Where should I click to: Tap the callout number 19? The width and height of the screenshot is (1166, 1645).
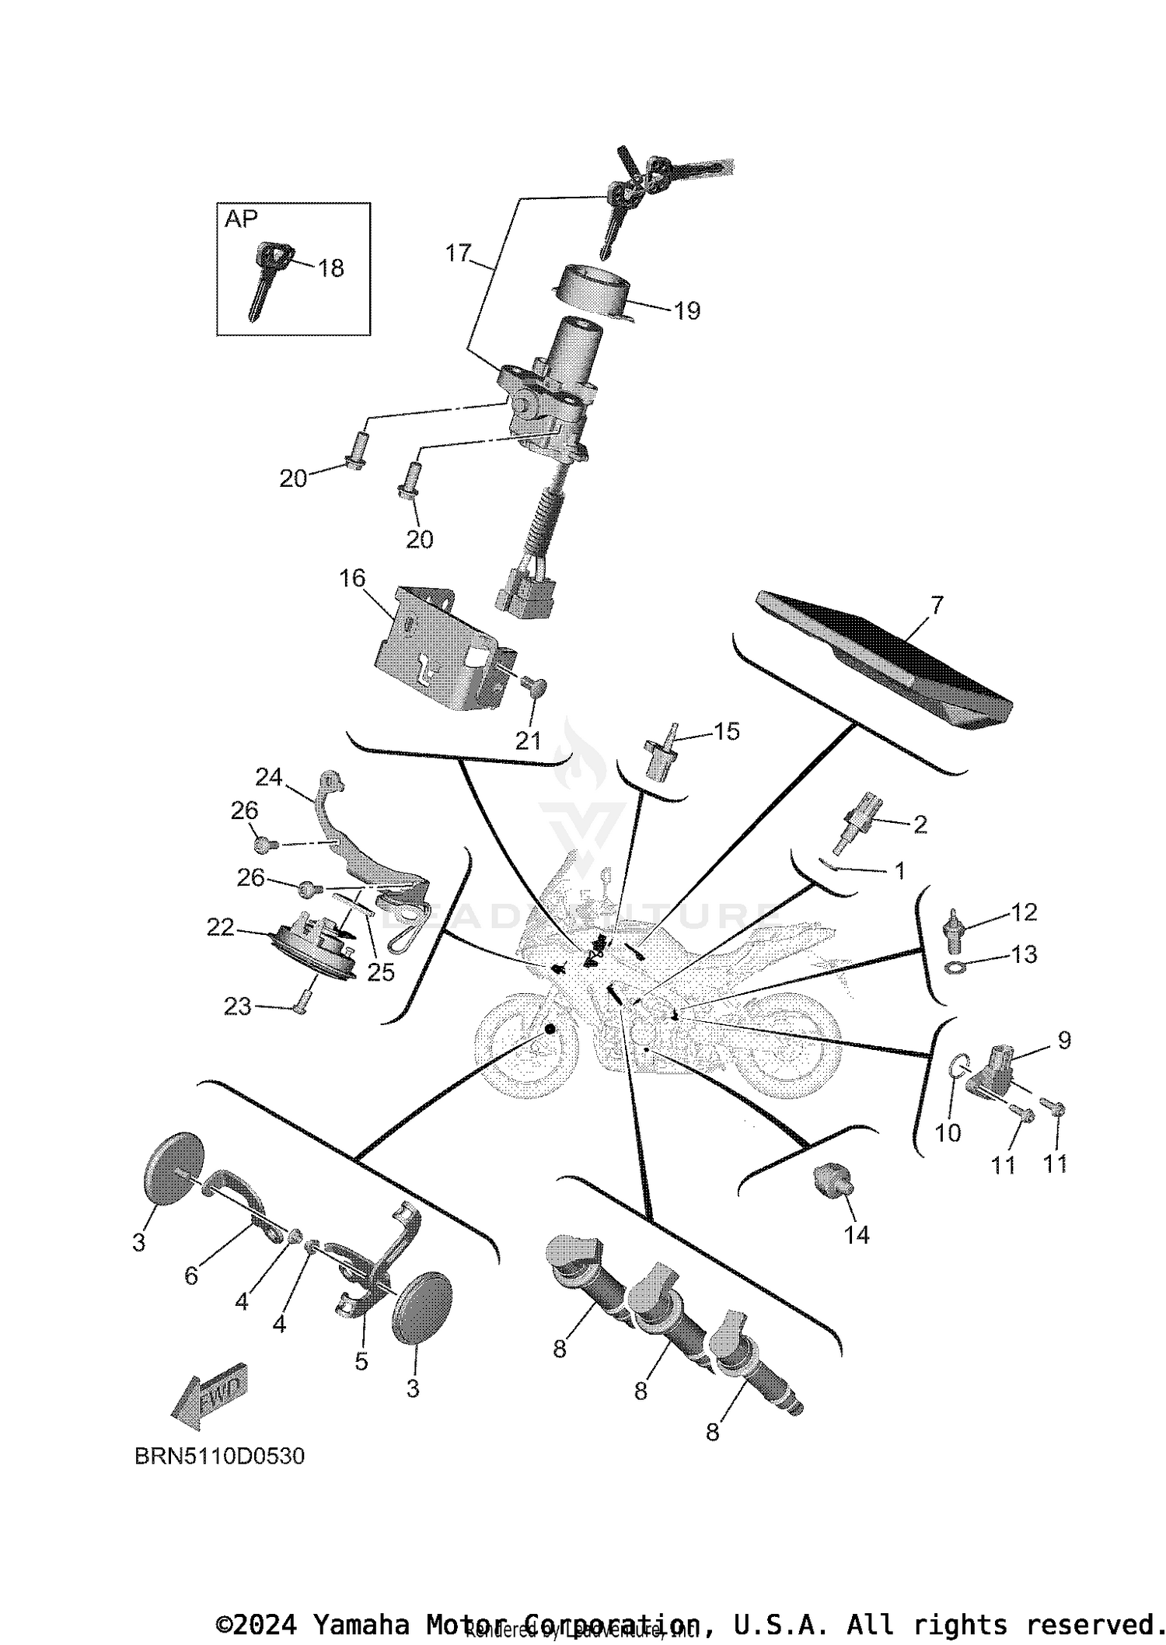pyautogui.click(x=687, y=311)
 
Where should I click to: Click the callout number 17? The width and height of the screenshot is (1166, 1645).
pyautogui.click(x=459, y=253)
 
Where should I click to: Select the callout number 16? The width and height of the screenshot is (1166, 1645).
pyautogui.click(x=352, y=578)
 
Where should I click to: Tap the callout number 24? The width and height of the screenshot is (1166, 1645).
pyautogui.click(x=269, y=777)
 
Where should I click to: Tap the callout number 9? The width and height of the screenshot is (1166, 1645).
pyautogui.click(x=1064, y=1040)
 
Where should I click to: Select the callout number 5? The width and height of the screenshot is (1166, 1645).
pyautogui.click(x=361, y=1361)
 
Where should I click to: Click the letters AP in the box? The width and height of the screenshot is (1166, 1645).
pyautogui.click(x=241, y=219)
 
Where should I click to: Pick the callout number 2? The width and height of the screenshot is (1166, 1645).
pyautogui.click(x=920, y=824)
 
